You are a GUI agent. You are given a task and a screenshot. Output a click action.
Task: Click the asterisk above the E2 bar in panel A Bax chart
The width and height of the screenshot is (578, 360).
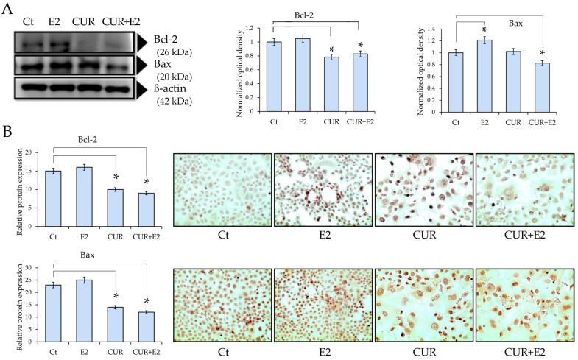click(x=484, y=30)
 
